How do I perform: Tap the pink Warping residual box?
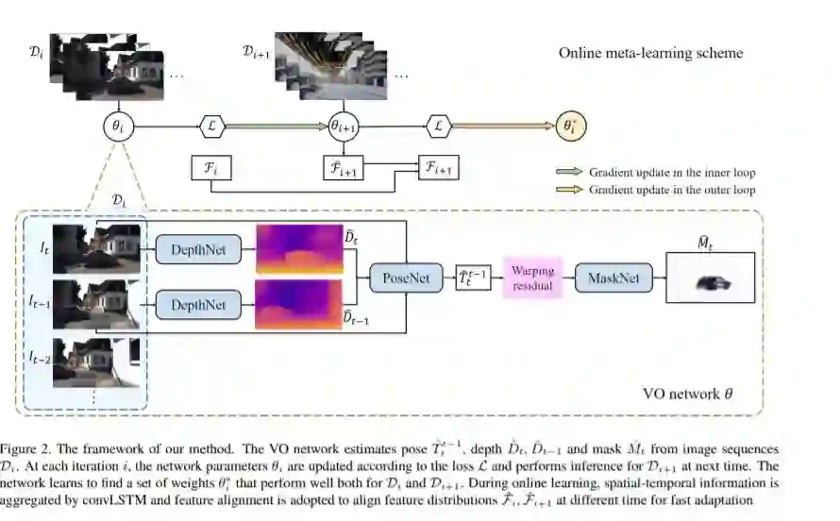click(x=533, y=277)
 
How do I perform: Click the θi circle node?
click(x=116, y=126)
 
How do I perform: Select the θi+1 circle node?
click(x=344, y=126)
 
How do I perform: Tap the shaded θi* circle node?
click(x=569, y=126)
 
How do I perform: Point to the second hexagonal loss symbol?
click(x=440, y=126)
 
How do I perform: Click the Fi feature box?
click(x=210, y=168)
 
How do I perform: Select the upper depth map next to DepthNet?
click(x=294, y=249)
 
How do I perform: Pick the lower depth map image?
click(x=294, y=304)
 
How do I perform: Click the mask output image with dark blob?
click(x=711, y=278)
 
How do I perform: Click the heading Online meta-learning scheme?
click(x=650, y=53)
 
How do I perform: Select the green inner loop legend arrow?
click(x=569, y=173)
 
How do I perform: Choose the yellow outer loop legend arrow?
click(x=569, y=190)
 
